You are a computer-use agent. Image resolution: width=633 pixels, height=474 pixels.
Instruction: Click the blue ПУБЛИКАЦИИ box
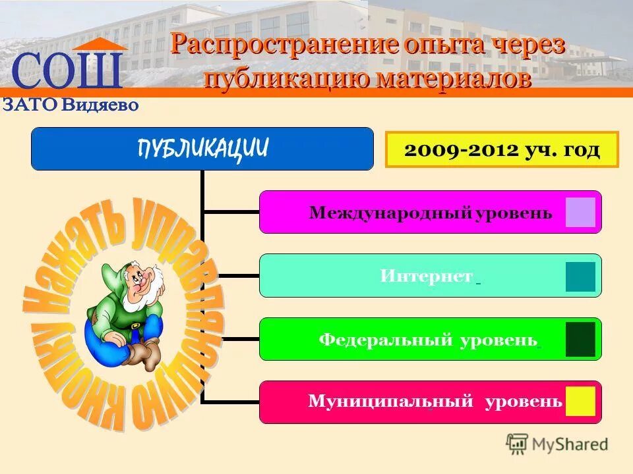[x=202, y=149]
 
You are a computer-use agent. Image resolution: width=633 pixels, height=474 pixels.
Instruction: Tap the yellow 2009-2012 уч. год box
[x=502, y=149]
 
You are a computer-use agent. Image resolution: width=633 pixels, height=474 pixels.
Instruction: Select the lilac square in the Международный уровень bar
[x=580, y=213]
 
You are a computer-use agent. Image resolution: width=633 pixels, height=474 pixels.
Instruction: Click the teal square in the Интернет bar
[x=580, y=276]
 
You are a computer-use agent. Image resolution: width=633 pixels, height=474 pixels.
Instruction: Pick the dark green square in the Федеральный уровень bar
[x=580, y=340]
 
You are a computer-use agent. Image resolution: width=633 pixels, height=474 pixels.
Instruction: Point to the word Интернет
[x=426, y=276]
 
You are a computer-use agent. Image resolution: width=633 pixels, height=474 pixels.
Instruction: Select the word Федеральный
[x=385, y=340]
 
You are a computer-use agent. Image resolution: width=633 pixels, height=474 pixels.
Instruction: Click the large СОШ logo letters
[x=67, y=72]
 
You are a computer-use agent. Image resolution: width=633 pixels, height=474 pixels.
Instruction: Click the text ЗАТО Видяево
[x=71, y=105]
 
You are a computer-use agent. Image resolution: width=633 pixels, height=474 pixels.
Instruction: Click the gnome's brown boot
[x=143, y=355]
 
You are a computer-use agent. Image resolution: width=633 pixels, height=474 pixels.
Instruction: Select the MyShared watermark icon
[x=517, y=444]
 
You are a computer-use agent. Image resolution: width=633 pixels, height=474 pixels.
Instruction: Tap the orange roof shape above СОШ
[x=100, y=44]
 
